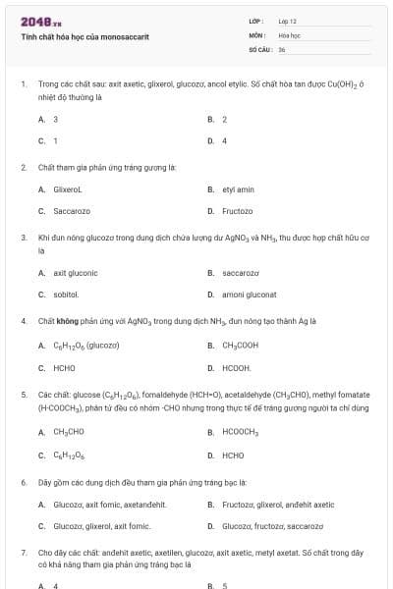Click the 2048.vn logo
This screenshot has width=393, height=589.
[x=34, y=22]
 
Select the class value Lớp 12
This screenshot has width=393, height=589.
[x=287, y=21]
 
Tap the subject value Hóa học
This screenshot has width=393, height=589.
[x=288, y=34]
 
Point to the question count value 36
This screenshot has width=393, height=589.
[x=282, y=48]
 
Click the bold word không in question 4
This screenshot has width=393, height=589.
[x=63, y=321]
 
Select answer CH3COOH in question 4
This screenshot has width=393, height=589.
[x=241, y=346]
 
